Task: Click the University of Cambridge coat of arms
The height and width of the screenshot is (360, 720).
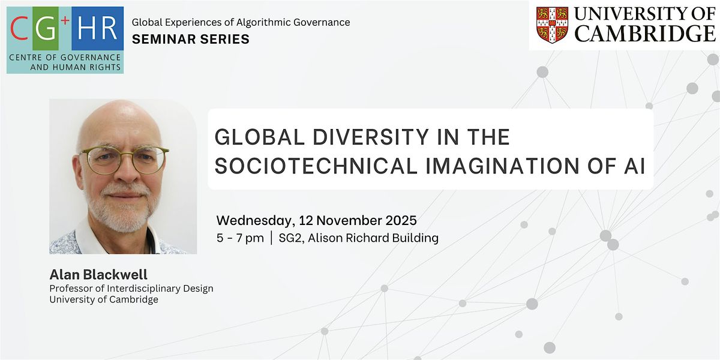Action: pos(552,25)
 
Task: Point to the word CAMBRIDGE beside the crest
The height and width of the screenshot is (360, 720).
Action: pos(645,34)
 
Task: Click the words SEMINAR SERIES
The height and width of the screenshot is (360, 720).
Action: pos(190,39)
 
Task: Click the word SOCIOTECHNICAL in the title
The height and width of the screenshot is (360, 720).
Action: pos(316,166)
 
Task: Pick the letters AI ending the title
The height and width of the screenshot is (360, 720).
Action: pos(634,166)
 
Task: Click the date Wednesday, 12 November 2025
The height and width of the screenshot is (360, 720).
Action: pos(316,220)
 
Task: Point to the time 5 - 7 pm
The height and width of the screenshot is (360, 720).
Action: pos(240,238)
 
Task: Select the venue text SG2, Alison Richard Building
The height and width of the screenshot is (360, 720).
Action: pos(358,238)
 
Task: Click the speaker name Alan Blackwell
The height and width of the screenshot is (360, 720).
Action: pos(98,275)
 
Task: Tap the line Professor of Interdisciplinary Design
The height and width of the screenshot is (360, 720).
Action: pos(131,288)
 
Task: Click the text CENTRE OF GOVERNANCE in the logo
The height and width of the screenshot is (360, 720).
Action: pos(65,58)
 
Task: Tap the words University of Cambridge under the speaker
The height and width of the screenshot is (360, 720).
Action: pos(104,299)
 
